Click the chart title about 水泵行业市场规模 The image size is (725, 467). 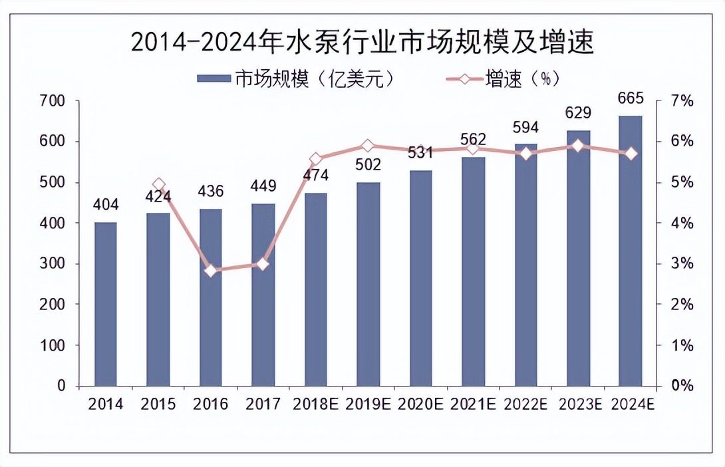point(362,42)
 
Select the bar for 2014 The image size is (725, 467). point(106,304)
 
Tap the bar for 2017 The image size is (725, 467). point(263,295)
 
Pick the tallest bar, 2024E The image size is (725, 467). point(631,251)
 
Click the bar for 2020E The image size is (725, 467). point(420,278)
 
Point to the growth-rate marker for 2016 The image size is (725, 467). point(211,271)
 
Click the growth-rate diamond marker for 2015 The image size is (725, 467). point(158,184)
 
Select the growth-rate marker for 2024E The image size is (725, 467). point(631,154)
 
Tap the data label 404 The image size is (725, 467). point(106,207)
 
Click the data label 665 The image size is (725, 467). point(631,99)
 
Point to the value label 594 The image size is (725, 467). point(525,127)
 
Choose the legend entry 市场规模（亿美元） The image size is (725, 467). point(297,78)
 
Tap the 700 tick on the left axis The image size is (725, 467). point(52,101)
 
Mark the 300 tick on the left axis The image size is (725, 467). point(52,264)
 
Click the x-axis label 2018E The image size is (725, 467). point(315,404)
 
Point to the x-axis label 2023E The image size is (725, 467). point(578,404)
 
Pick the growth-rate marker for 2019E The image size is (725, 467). point(368,146)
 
